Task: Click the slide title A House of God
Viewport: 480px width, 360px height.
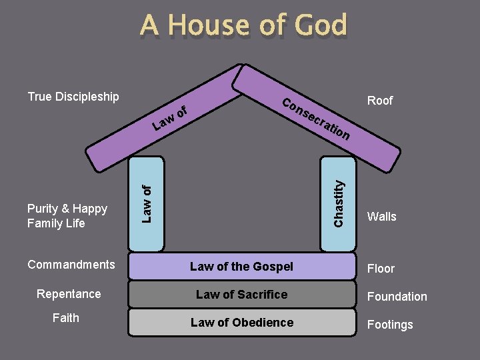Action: pos(243,26)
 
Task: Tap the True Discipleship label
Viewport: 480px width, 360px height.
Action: pos(73,97)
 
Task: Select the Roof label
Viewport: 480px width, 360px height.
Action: pos(380,101)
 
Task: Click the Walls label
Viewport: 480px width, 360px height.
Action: pos(381,217)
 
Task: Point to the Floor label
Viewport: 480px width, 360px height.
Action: pos(381,269)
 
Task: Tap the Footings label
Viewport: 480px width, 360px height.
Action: pos(390,325)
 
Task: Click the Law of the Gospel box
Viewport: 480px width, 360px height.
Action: pos(241,267)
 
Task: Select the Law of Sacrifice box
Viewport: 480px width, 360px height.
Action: pos(241,295)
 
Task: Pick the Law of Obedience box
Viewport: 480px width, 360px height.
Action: pos(241,323)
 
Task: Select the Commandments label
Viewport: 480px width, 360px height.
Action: pos(71,265)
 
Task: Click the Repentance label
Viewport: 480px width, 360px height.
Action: pos(69,294)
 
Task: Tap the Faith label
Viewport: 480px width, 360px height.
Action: pos(65,318)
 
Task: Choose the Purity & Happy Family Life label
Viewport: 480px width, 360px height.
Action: pos(67,216)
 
